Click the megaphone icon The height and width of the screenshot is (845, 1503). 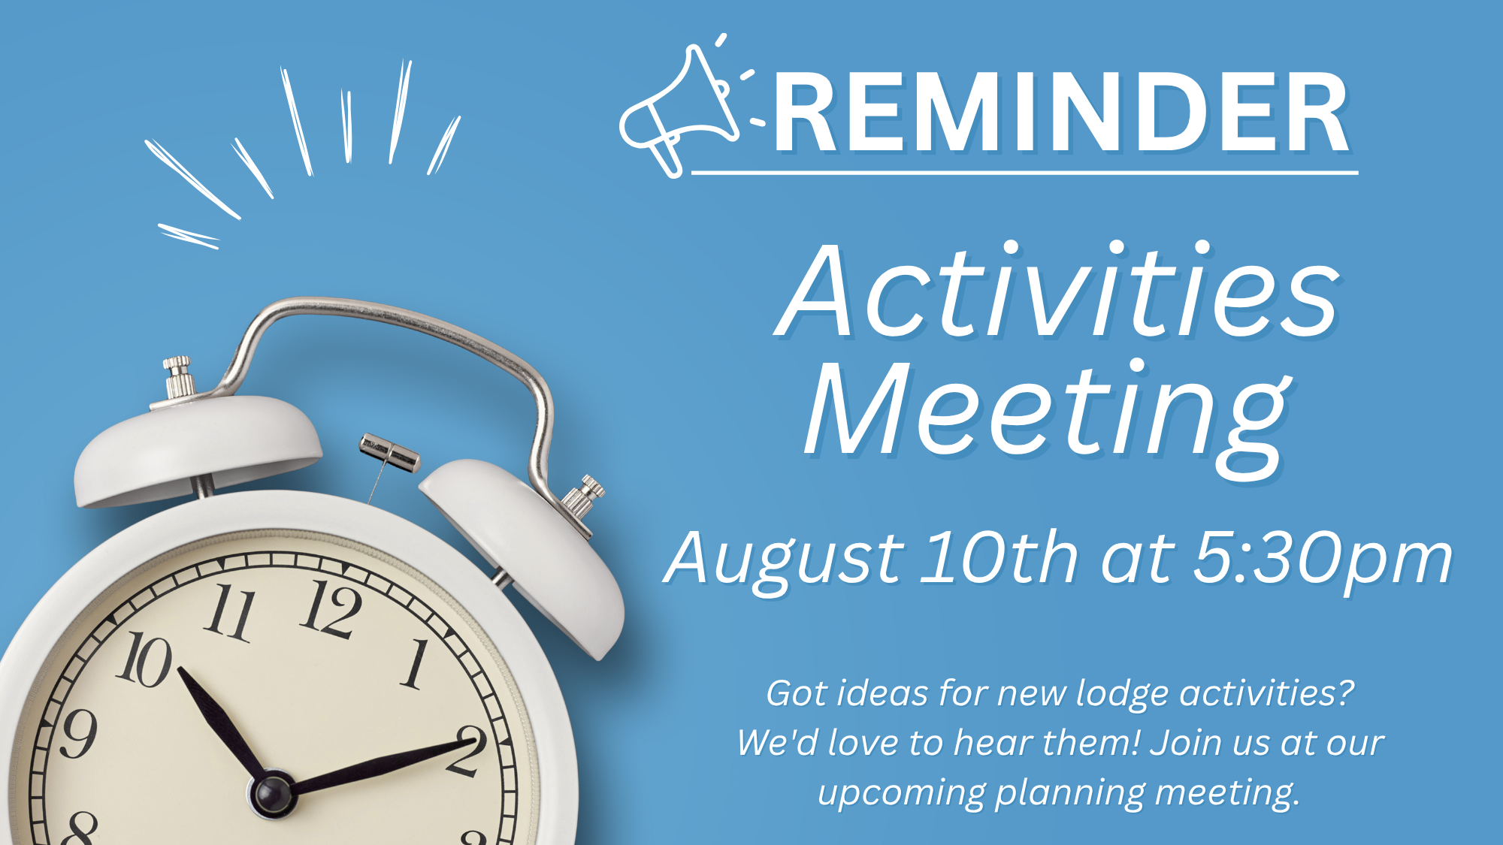[x=676, y=113]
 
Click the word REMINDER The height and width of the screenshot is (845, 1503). [x=1062, y=113]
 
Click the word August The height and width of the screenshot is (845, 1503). [x=785, y=560]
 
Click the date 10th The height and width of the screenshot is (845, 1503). [x=999, y=557]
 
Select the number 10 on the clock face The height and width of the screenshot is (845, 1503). [x=144, y=659]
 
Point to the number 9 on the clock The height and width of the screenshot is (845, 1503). [x=78, y=732]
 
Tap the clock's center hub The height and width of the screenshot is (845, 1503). [x=272, y=794]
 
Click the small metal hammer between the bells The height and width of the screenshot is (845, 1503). [x=389, y=453]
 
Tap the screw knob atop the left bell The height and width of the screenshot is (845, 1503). [x=179, y=376]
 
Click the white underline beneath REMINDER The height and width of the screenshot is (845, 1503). [x=1024, y=173]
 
